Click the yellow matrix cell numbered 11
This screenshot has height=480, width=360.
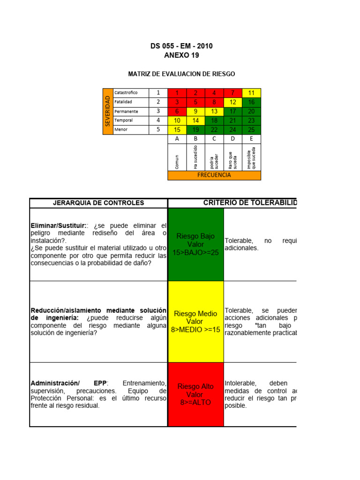click(251, 93)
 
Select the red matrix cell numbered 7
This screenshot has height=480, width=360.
click(232, 93)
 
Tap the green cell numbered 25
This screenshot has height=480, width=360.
click(251, 130)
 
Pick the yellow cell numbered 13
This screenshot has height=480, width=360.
click(214, 112)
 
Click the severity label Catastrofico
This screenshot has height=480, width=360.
click(126, 93)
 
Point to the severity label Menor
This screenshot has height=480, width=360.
click(121, 130)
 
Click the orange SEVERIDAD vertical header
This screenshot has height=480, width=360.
click(108, 111)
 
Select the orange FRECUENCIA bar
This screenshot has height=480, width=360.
click(214, 175)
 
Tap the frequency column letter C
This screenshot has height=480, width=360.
click(214, 139)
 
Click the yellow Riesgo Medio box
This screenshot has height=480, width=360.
click(196, 322)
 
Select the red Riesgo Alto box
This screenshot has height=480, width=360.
click(196, 394)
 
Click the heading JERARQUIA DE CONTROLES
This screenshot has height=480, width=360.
click(98, 203)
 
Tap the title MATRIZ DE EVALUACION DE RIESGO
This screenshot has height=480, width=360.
click(181, 74)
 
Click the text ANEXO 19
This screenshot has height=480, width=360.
click(181, 55)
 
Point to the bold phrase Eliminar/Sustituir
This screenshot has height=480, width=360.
click(58, 225)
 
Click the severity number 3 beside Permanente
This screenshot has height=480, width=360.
click(158, 112)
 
